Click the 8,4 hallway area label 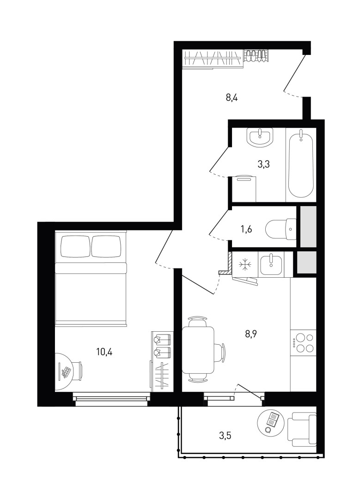pos(232,97)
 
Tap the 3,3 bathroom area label pos(263,165)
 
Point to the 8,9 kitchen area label pos(250,334)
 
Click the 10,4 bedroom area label pos(104,352)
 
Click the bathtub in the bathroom pos(301,164)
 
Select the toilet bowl pos(281,229)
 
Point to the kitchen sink pos(270,264)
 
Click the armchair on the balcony pos(302,431)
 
